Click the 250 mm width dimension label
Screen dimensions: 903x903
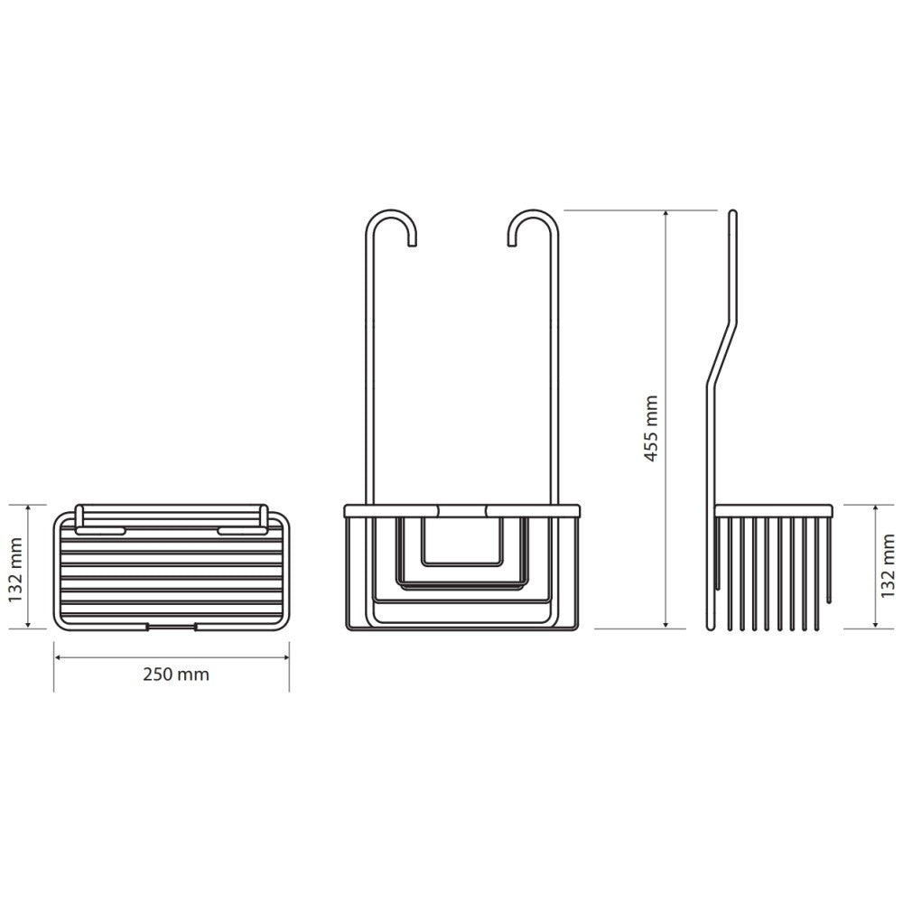coord(176,675)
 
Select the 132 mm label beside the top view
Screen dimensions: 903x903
coord(15,570)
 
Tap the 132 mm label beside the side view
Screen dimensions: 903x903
coord(888,566)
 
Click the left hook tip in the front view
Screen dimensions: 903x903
coord(413,244)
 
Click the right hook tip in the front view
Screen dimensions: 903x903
coord(511,244)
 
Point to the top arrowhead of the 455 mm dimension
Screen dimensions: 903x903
coord(666,214)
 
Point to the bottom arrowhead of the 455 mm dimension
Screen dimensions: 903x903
coord(666,624)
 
